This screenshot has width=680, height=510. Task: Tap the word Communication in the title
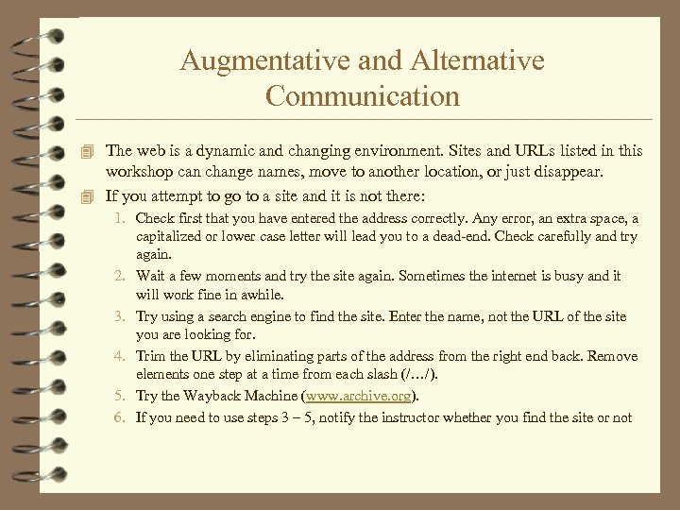363,95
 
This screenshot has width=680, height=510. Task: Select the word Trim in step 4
150,357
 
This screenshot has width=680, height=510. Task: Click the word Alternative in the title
478,61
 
